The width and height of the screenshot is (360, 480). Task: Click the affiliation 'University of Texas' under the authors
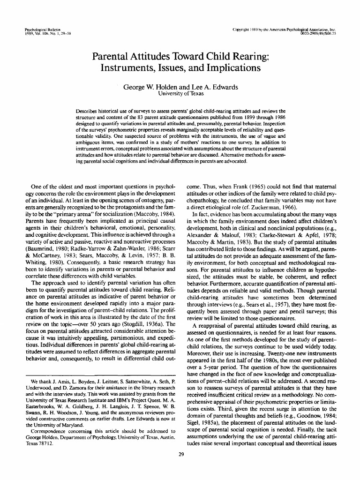coord(180,94)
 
